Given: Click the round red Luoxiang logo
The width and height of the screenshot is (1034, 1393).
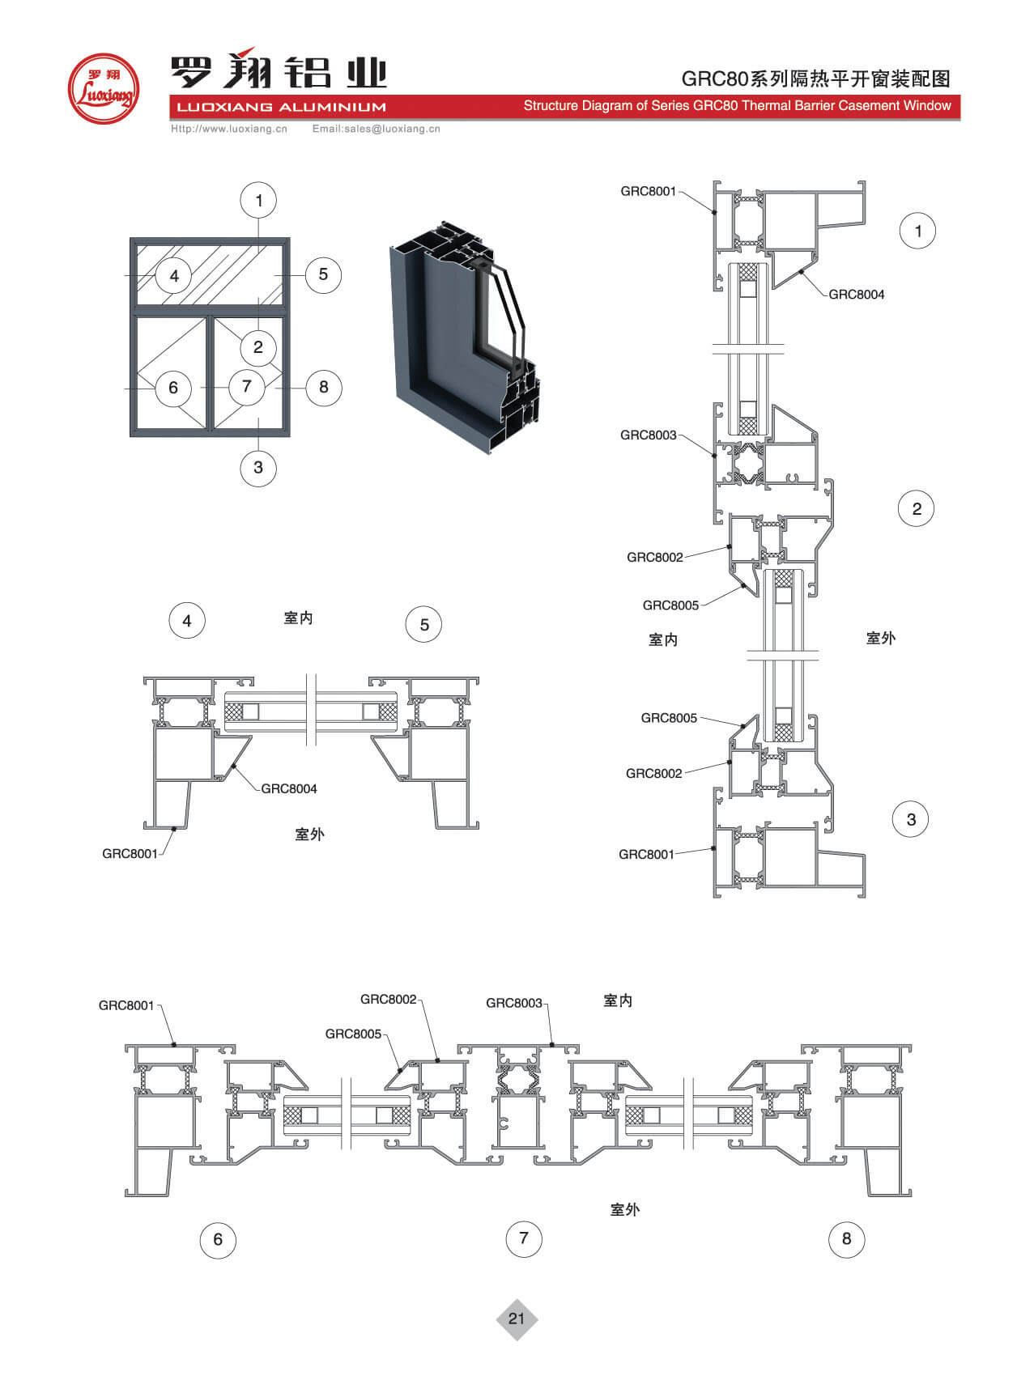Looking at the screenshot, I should pos(103,89).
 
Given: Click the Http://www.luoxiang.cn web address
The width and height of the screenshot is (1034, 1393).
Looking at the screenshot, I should pos(229,129).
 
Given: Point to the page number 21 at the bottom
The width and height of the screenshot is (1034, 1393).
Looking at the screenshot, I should pos(517,1319).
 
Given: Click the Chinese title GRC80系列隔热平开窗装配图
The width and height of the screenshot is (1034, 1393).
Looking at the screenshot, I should pos(815,79).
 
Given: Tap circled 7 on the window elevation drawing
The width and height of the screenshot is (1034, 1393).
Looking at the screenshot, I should pos(247,386).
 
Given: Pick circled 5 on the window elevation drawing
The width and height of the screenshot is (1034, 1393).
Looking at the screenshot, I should pos(323,274).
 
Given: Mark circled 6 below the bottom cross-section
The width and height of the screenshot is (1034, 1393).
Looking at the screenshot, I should pos(217,1239).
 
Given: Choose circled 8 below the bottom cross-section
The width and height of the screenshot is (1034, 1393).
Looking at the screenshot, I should pos(846,1238).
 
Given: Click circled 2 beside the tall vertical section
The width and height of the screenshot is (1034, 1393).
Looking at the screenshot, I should pos(917,508).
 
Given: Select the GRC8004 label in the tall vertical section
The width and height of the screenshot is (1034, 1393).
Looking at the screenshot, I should pos(856,295).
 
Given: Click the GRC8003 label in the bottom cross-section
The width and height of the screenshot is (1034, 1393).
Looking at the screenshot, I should pos(513,1003).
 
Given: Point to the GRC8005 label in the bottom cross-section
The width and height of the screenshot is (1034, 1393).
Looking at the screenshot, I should pos(353,1034).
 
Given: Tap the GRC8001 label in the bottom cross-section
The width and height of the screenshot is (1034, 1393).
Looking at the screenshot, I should pos(126,1005).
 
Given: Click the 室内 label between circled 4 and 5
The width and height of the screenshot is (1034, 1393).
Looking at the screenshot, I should pos(298,618).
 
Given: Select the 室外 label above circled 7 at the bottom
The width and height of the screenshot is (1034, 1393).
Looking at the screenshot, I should pos(624,1209).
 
